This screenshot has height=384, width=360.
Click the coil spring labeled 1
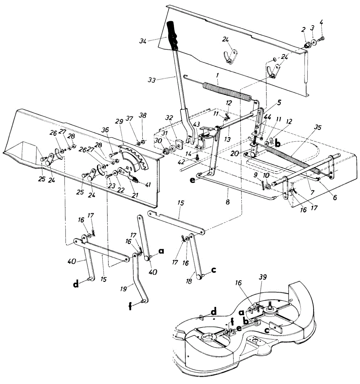click(227, 90)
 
